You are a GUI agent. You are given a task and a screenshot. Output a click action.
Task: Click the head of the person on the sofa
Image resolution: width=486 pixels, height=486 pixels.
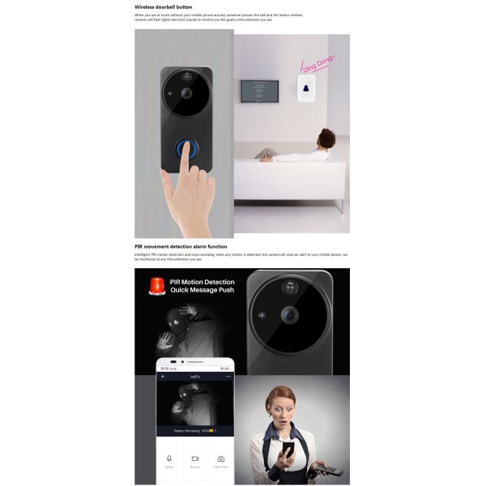click(x=326, y=137)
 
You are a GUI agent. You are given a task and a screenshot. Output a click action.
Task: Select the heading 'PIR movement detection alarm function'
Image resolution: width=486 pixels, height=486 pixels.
click(x=181, y=246)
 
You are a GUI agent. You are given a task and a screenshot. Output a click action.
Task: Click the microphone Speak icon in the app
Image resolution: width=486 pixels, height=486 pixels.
click(x=169, y=458)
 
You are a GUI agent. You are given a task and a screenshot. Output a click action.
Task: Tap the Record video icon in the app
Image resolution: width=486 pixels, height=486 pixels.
click(x=195, y=458)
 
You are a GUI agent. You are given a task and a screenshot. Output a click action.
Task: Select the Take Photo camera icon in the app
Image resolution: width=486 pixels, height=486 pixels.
click(x=220, y=458)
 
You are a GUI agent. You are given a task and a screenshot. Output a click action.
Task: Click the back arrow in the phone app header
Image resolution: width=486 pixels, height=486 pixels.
click(x=163, y=377)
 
